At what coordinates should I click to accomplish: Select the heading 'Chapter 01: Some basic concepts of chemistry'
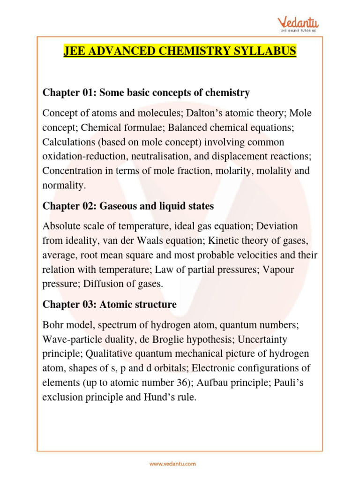(x=146, y=93)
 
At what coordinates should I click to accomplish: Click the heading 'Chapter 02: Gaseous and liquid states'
(x=128, y=206)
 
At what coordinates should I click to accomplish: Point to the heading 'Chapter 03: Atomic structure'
(x=109, y=304)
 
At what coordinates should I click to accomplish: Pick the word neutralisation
(x=165, y=156)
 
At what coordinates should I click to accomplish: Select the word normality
(x=63, y=185)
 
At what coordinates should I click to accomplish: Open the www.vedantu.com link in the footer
(x=172, y=464)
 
